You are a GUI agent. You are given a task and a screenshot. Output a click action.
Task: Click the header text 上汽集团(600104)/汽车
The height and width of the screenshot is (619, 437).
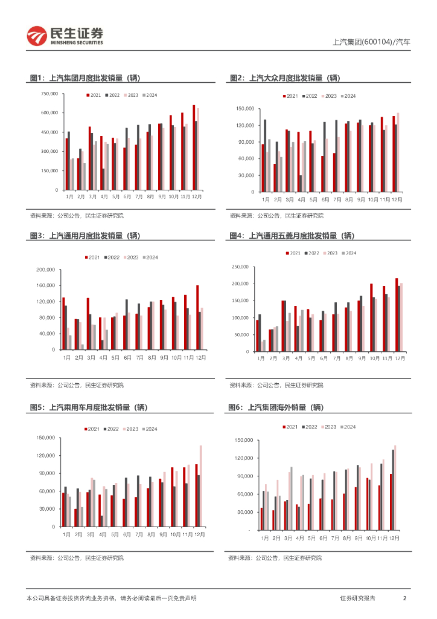tap(371, 43)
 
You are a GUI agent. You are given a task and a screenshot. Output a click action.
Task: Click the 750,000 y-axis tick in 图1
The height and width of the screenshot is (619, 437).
tap(49, 94)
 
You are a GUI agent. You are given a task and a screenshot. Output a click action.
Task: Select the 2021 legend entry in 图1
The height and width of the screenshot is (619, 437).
tap(94, 96)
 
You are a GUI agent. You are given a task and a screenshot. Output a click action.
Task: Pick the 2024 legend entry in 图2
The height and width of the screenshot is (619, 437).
tap(348, 96)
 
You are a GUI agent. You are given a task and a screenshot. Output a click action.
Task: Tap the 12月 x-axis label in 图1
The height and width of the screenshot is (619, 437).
tap(197, 197)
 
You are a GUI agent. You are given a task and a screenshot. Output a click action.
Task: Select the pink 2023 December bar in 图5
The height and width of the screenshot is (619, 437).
tap(201, 486)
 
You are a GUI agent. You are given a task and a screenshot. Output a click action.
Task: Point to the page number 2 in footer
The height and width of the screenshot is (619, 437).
tap(404, 598)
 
